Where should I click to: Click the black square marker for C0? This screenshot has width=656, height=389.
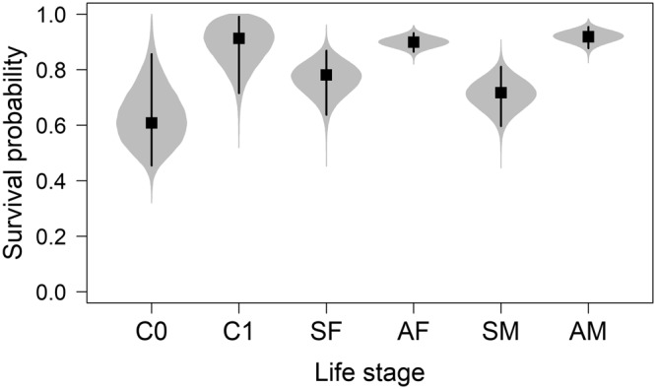[152, 123]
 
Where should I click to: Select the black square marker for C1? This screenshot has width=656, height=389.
[238, 38]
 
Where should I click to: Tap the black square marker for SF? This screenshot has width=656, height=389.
[326, 75]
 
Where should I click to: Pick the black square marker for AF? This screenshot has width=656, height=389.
[414, 42]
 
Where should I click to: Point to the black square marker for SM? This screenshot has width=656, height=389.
[500, 93]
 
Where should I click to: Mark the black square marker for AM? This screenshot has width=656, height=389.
[588, 36]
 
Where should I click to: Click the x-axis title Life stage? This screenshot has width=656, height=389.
[369, 373]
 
